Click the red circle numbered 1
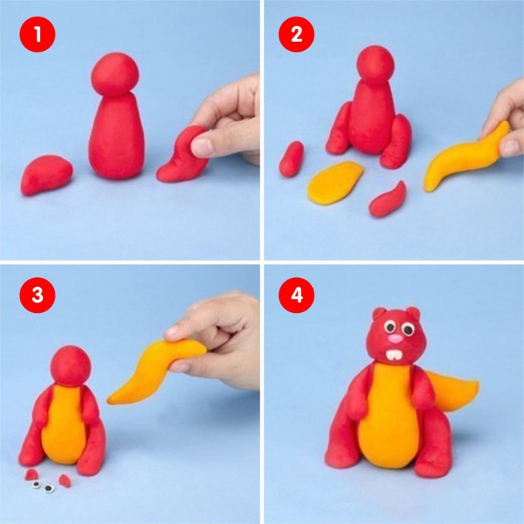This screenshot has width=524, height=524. [37, 34]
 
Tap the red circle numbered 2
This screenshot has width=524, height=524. [296, 34]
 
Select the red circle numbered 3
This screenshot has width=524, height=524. [37, 295]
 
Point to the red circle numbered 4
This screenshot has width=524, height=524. [296, 295]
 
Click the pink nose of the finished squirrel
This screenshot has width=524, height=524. [396, 339]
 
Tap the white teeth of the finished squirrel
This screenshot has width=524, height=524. [393, 355]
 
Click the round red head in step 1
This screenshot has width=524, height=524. [115, 75]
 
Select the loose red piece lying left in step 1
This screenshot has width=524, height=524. [46, 175]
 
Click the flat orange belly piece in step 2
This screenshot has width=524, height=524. [335, 182]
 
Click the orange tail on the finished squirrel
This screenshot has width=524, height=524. [453, 391]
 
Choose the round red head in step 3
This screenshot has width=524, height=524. [71, 366]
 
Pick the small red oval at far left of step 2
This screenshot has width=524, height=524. [291, 159]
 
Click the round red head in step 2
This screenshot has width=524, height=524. [376, 65]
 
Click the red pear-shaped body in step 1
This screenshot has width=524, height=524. [117, 135]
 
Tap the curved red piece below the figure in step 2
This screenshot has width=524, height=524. [387, 200]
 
